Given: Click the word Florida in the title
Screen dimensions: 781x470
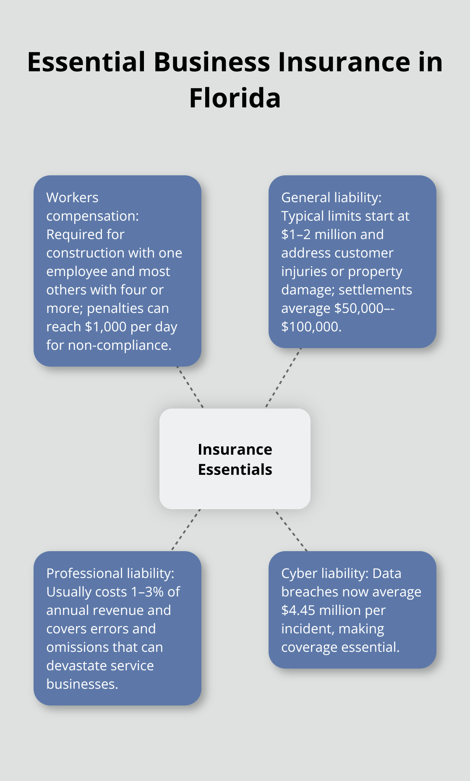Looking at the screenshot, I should tap(235, 98).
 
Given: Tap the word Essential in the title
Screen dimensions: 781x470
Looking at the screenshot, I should tap(86, 62).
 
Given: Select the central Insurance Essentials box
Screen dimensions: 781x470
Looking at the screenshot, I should tap(235, 459).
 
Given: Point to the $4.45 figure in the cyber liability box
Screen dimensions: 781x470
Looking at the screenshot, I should tap(298, 610).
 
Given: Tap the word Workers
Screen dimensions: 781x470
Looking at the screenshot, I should tap(72, 198).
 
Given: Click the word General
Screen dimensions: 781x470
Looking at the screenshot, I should tap(301, 198).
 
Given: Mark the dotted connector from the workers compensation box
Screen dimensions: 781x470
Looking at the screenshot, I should tap(190, 387).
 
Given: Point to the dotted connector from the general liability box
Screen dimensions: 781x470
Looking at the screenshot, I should tap(284, 377).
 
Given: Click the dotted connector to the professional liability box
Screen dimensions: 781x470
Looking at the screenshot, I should tap(186, 530).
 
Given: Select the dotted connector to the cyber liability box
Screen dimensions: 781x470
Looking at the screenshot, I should tap(290, 530).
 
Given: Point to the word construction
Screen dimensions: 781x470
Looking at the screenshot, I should tap(79, 253).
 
